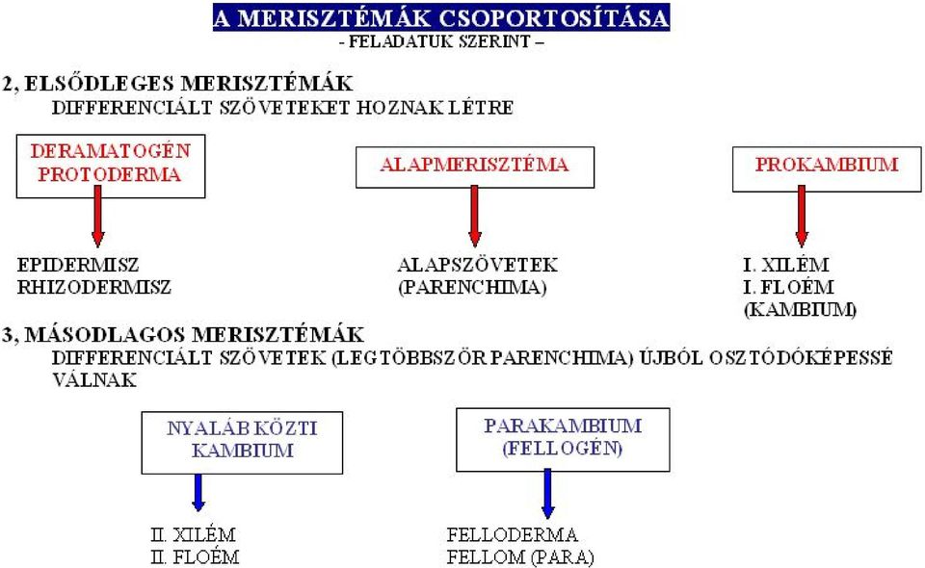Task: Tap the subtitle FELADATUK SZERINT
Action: pyautogui.click(x=440, y=41)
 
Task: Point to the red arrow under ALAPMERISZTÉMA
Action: pyautogui.click(x=475, y=217)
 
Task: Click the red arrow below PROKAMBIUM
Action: pyautogui.click(x=801, y=217)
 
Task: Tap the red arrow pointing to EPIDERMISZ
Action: pyautogui.click(x=98, y=217)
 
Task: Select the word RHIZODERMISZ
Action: pyautogui.click(x=94, y=288)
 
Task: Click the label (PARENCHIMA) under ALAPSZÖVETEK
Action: pyautogui.click(x=472, y=288)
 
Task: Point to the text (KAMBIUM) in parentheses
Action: pyautogui.click(x=800, y=309)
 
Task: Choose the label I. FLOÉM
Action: pyautogui.click(x=788, y=287)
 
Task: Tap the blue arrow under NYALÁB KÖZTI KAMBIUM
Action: pyautogui.click(x=198, y=493)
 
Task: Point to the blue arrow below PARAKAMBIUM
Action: pyautogui.click(x=548, y=494)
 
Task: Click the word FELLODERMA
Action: pyautogui.click(x=512, y=535)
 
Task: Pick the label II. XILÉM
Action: pyautogui.click(x=193, y=535)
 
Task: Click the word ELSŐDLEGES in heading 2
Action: pyautogui.click(x=100, y=83)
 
